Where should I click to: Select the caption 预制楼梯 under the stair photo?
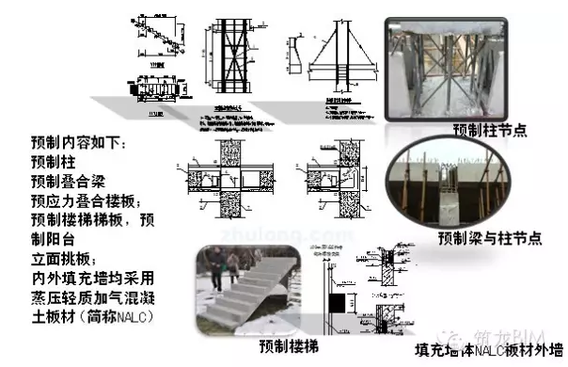pos(285,347)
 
